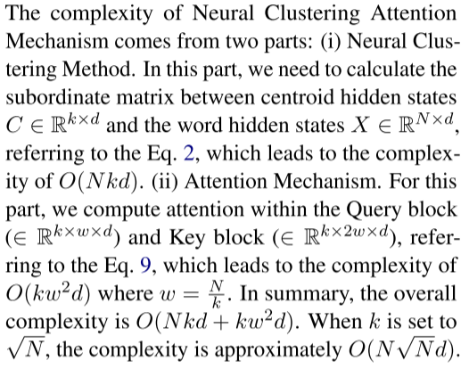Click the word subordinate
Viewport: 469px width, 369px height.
click(x=58, y=97)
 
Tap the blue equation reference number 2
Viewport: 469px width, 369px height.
click(x=189, y=153)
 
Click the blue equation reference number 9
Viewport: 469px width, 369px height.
click(x=145, y=266)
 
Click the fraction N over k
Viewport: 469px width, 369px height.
click(x=217, y=294)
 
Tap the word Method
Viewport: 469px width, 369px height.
click(x=97, y=69)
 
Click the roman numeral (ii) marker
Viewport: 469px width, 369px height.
click(x=165, y=182)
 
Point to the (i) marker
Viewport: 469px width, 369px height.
click(x=331, y=41)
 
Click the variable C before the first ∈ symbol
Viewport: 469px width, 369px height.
click(x=13, y=126)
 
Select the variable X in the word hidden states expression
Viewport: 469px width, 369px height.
click(x=360, y=126)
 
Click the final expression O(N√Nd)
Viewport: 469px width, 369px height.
click(x=404, y=349)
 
